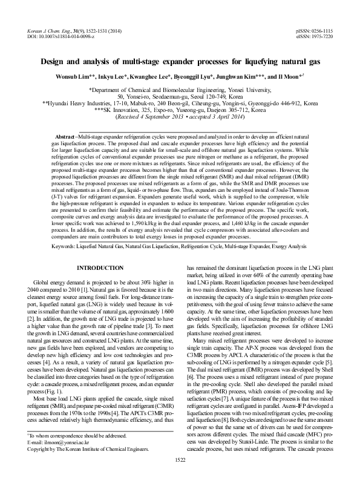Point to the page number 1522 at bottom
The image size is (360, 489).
click(x=180, y=477)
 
